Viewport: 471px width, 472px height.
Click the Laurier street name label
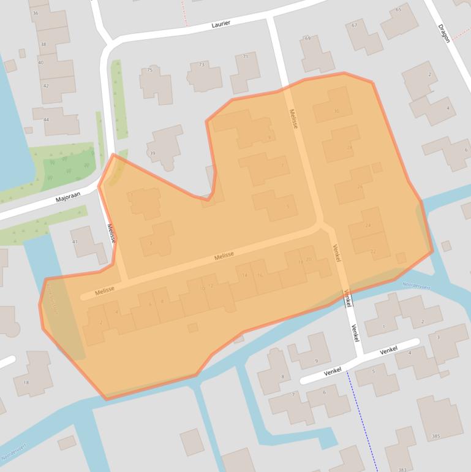pyautogui.click(x=220, y=25)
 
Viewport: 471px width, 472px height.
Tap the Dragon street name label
pyautogui.click(x=444, y=33)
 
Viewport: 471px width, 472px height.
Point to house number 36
pyautogui.click(x=35, y=13)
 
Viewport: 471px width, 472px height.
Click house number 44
pyautogui.click(x=46, y=120)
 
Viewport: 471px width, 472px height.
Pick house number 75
pyautogui.click(x=149, y=70)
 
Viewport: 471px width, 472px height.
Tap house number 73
pyautogui.click(x=202, y=65)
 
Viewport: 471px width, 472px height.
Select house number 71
pyautogui.click(x=246, y=56)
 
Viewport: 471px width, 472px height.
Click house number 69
pyautogui.click(x=307, y=39)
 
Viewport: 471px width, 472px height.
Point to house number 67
pyautogui.click(x=354, y=25)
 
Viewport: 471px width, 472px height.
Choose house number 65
pyautogui.click(x=398, y=9)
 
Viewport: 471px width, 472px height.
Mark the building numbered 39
pyautogui.click(x=153, y=153)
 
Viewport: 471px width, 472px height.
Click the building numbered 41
pyautogui.click(x=75, y=242)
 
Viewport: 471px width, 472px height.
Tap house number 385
pyautogui.click(x=435, y=436)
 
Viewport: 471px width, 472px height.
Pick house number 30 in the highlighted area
pyautogui.click(x=336, y=111)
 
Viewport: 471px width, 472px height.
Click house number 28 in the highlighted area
pyautogui.click(x=350, y=148)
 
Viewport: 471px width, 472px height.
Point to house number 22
pyautogui.click(x=373, y=252)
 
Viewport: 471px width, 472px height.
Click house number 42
pyautogui.click(x=46, y=86)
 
